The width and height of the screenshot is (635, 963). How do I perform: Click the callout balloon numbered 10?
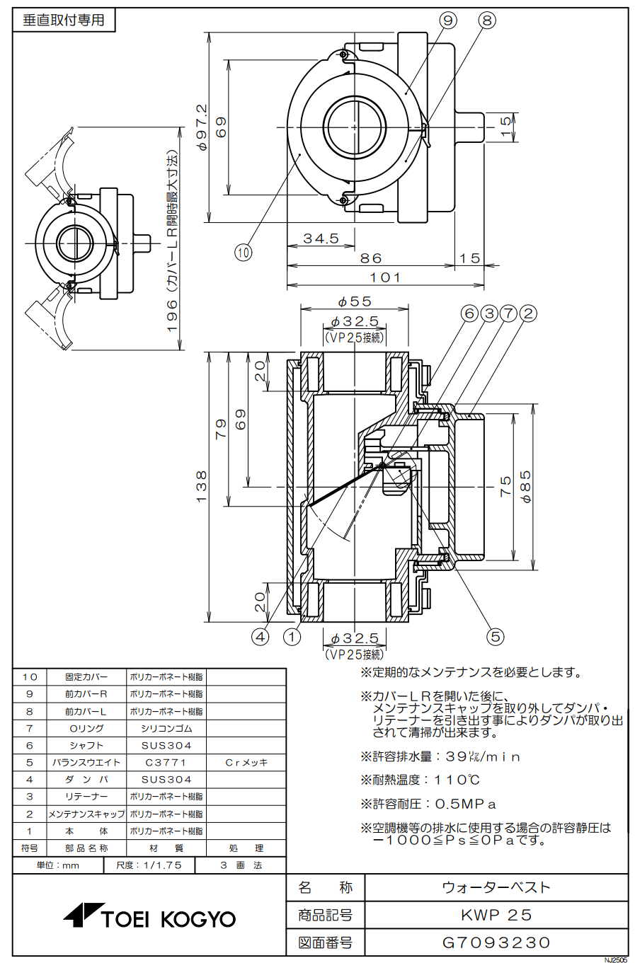(244, 252)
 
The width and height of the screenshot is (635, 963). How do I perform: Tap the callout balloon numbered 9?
(448, 21)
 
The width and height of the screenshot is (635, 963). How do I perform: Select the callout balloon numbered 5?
(496, 637)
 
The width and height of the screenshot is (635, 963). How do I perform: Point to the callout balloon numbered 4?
(261, 637)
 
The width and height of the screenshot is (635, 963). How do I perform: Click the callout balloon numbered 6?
(470, 313)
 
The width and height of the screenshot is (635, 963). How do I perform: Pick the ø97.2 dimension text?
(202, 127)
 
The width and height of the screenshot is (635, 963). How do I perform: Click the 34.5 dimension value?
(321, 238)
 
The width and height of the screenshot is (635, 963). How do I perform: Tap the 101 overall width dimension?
(385, 277)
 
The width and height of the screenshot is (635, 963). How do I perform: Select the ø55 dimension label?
(355, 301)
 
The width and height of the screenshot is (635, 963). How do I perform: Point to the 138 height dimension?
(202, 487)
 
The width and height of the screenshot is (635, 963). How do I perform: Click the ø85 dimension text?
(526, 487)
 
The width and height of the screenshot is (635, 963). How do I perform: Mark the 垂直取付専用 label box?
(64, 21)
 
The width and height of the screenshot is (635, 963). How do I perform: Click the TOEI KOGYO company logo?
(149, 918)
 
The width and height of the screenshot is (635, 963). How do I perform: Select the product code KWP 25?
(496, 915)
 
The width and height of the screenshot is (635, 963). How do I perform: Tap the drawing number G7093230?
(496, 942)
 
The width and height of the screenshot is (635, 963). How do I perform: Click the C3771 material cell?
(166, 763)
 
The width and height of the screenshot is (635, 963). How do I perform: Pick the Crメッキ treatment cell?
(246, 763)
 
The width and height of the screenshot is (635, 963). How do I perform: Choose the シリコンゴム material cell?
(166, 728)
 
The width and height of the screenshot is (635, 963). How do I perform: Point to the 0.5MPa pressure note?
(428, 804)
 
